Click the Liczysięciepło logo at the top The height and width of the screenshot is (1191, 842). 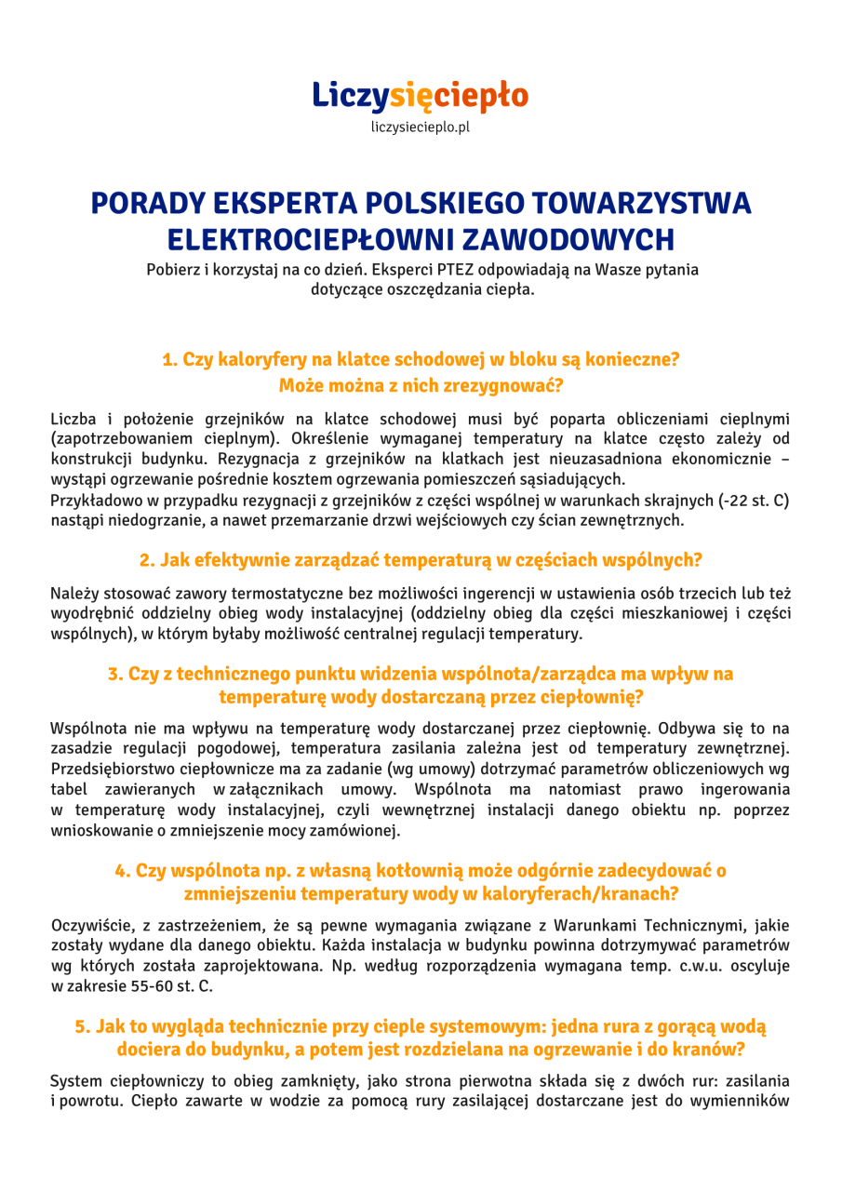click(421, 95)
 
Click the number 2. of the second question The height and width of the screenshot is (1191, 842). click(147, 560)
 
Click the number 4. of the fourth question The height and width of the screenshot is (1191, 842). click(123, 871)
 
